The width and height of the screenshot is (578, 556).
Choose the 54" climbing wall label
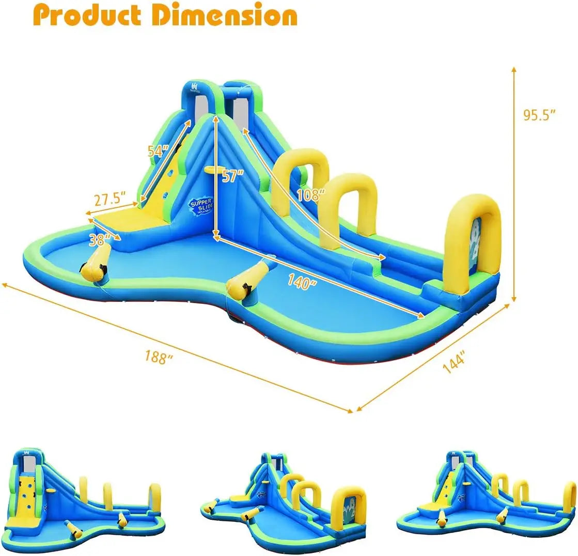(158, 151)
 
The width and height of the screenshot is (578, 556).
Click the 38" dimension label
(100, 239)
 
